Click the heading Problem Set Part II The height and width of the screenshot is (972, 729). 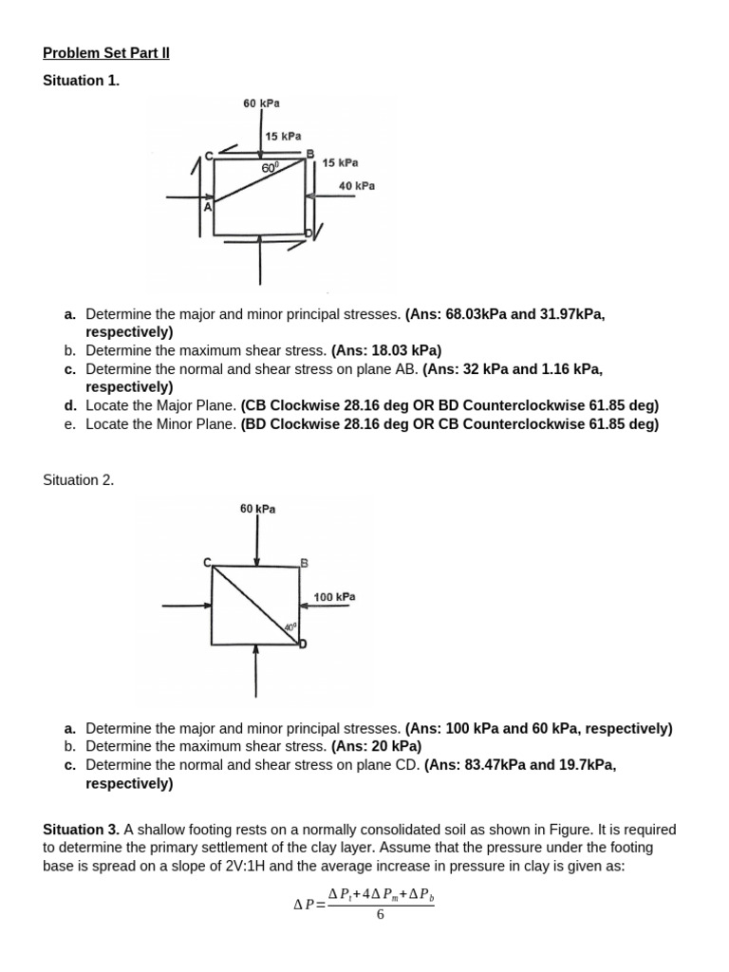[x=106, y=53]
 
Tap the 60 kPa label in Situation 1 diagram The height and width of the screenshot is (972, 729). [x=261, y=103]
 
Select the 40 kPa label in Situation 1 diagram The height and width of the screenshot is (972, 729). [x=357, y=186]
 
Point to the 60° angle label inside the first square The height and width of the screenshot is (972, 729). [x=271, y=167]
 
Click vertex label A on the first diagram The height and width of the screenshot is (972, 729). [x=207, y=206]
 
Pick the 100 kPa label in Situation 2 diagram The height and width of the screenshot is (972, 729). [x=334, y=597]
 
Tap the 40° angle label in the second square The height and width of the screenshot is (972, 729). [x=290, y=627]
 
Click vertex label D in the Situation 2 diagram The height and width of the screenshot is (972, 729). [x=303, y=645]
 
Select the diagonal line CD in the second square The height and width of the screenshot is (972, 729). [x=253, y=605]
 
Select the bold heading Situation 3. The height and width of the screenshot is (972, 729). [x=80, y=830]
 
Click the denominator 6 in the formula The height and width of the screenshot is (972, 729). [x=380, y=915]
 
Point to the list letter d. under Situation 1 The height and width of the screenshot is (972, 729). [x=70, y=405]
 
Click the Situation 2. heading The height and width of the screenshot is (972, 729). [x=79, y=480]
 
